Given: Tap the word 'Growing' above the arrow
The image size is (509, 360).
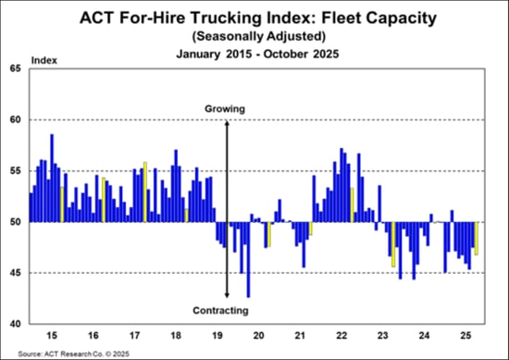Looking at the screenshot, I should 225,109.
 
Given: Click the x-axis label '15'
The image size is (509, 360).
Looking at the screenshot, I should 53,334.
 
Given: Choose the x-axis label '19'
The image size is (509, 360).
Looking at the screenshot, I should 220,334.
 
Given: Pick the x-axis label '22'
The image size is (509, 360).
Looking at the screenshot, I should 341,334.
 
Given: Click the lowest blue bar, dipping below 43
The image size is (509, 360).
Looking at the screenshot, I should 248,259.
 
